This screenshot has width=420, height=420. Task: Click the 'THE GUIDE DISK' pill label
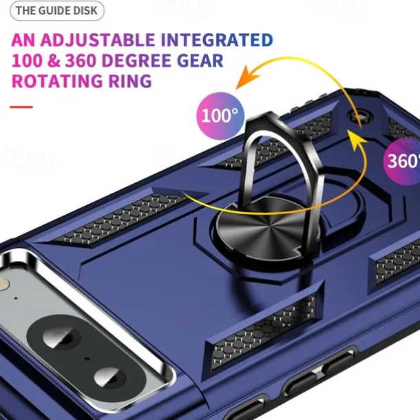[x=57, y=11]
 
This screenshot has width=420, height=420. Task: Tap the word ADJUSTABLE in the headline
[x=98, y=40]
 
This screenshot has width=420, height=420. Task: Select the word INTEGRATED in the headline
[x=217, y=40]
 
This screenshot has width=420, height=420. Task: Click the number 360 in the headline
[x=81, y=61]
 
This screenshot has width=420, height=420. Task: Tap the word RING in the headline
[x=130, y=81]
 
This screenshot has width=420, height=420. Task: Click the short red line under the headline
[x=21, y=107]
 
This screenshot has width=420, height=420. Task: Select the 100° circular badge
[x=220, y=116]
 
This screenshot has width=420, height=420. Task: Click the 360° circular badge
[x=403, y=161]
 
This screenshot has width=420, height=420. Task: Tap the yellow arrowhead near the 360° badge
[x=357, y=140]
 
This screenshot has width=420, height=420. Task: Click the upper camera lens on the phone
[x=61, y=335]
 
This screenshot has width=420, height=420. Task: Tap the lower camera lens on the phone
[x=110, y=377]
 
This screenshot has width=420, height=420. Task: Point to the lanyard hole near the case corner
[x=360, y=116]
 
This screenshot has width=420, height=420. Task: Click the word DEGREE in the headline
[x=136, y=61]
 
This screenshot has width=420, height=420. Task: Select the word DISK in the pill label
[x=87, y=11]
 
